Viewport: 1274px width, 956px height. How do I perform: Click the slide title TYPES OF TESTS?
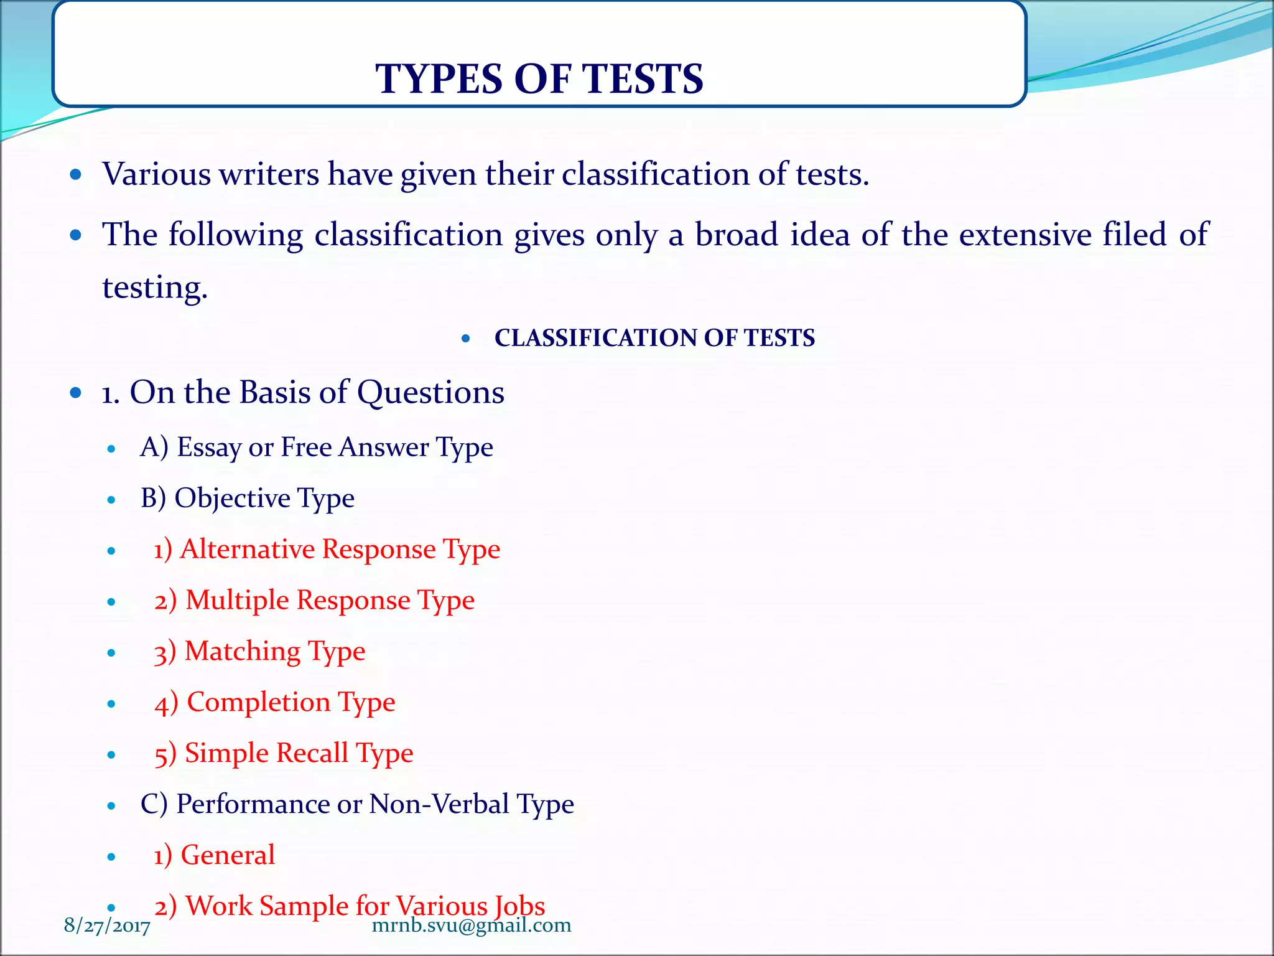pyautogui.click(x=539, y=79)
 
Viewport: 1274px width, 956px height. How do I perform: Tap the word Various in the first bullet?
pyautogui.click(x=157, y=174)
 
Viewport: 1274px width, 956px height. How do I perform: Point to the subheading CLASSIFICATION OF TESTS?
pyautogui.click(x=654, y=338)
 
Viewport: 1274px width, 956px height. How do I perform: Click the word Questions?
pyautogui.click(x=430, y=393)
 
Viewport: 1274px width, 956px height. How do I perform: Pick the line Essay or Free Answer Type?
pyautogui.click(x=317, y=448)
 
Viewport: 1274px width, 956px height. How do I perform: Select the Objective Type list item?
pyautogui.click(x=248, y=499)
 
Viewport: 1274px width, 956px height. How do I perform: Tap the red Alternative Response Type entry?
pyautogui.click(x=327, y=550)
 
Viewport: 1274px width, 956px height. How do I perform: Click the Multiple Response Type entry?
pyautogui.click(x=315, y=601)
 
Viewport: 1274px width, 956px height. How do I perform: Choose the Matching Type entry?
pyautogui.click(x=260, y=652)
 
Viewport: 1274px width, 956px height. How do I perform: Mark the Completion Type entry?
pyautogui.click(x=275, y=703)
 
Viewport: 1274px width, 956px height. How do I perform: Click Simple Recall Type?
pyautogui.click(x=284, y=754)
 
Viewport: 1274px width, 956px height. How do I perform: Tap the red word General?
pyautogui.click(x=228, y=855)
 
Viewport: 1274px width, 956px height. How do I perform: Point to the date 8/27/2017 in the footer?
pyautogui.click(x=107, y=927)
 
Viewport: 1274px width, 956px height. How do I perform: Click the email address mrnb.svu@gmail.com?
pyautogui.click(x=472, y=926)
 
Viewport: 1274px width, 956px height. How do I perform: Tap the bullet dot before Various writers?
pyautogui.click(x=76, y=174)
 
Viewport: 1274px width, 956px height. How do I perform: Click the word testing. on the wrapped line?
pyautogui.click(x=155, y=288)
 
